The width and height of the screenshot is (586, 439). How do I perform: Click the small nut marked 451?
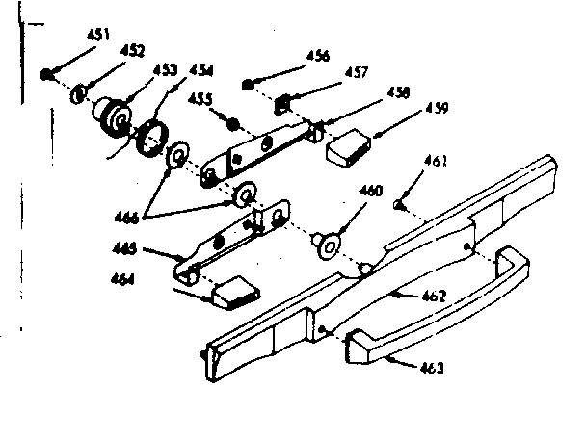click(46, 73)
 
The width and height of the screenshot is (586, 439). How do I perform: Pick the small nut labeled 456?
click(249, 84)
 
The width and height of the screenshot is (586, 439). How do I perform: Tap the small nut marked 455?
click(230, 121)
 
